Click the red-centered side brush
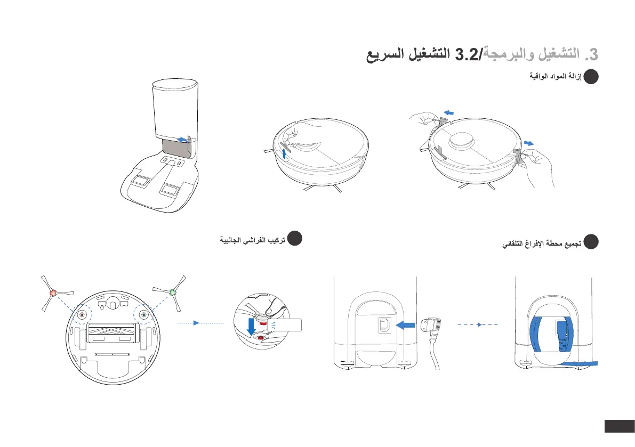(x=52, y=292)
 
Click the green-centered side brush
(x=172, y=291)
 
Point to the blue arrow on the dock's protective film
(x=182, y=139)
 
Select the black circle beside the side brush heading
(x=295, y=239)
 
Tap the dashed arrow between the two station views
(x=479, y=324)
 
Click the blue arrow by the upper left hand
(x=449, y=112)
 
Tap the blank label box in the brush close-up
(x=286, y=324)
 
